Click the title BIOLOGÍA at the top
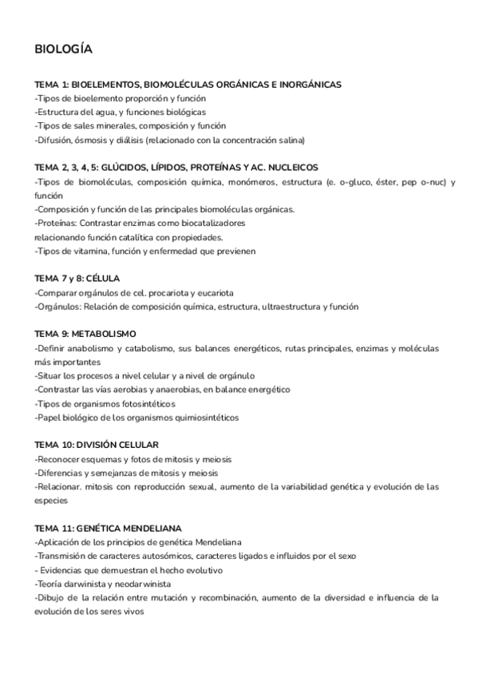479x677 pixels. click(64, 49)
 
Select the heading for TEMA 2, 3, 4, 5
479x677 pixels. click(176, 168)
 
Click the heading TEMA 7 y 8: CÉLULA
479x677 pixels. click(77, 278)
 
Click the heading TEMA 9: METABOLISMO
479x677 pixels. click(85, 334)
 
